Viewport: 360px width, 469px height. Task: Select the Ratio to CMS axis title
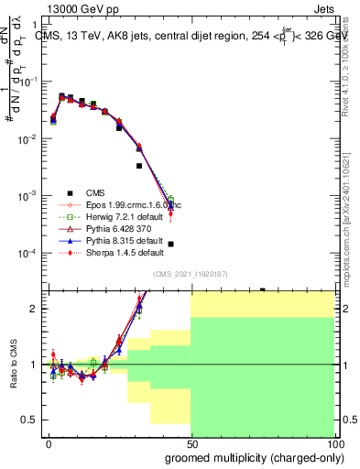tap(13, 364)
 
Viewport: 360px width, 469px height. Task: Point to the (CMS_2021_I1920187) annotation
tap(191, 274)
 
